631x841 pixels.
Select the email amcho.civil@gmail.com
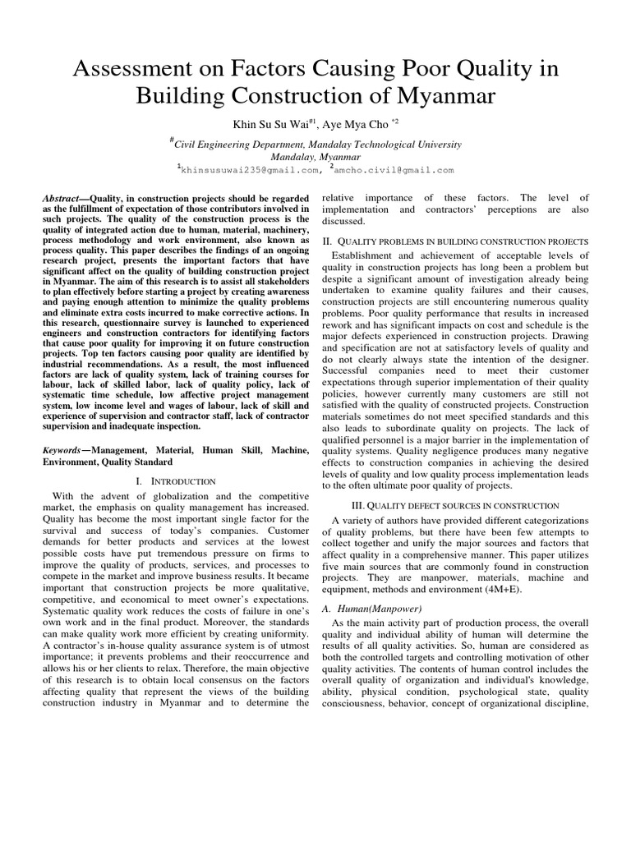coord(394,170)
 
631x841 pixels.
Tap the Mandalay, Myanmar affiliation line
coord(315,156)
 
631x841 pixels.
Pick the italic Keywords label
coord(62,450)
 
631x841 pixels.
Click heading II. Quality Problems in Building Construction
coord(454,241)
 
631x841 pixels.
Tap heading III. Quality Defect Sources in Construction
coord(454,505)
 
